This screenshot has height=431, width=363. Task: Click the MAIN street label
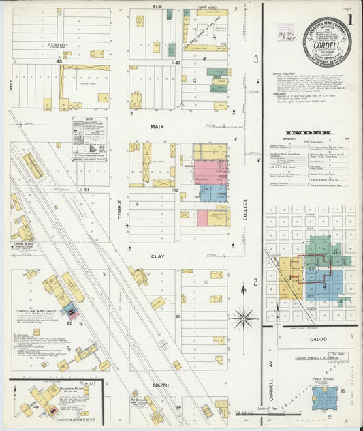pos(158,127)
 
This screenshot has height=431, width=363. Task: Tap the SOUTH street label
pos(161,385)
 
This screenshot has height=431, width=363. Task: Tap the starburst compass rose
pos(243,317)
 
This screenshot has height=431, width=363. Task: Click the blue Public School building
pos(325,398)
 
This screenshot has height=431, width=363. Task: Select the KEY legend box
pos(90,138)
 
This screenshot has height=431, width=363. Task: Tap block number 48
pos(59,62)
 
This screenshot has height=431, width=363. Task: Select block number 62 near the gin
pos(69,323)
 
